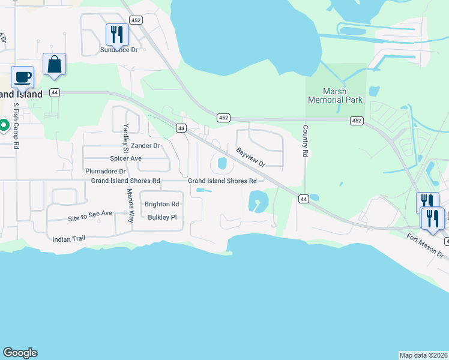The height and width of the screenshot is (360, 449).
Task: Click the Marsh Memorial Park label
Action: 334,95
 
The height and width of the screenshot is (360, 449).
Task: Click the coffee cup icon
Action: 23,77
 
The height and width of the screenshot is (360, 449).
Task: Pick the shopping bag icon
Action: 54,64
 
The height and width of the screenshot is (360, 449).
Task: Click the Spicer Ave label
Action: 125,158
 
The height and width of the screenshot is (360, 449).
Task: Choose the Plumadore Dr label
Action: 105,171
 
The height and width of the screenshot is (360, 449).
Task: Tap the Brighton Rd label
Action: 162,204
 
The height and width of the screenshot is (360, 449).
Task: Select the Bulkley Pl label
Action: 162,217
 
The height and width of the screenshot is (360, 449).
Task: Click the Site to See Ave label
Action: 90,213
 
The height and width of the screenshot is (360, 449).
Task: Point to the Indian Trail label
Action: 70,238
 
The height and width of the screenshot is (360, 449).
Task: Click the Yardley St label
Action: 126,138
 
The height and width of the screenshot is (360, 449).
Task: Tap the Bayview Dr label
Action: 250,158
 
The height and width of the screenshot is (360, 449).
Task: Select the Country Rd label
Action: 305,142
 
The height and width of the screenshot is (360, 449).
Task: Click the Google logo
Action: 20,353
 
